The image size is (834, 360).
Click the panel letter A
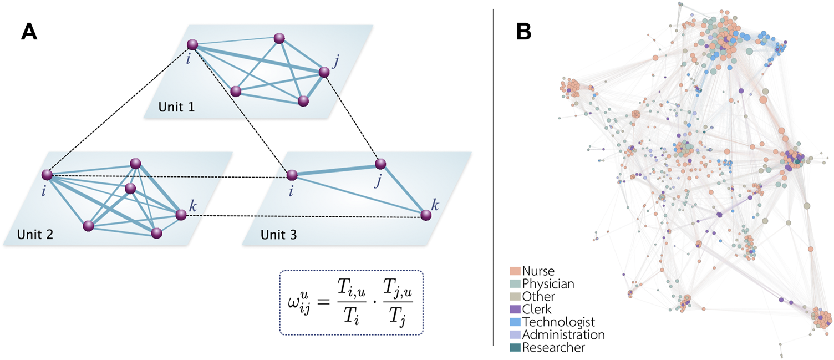click(x=29, y=32)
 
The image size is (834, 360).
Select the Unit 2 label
click(x=35, y=234)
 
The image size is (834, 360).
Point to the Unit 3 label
click(x=278, y=234)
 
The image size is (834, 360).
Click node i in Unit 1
click(x=192, y=44)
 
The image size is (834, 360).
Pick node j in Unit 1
click(x=324, y=72)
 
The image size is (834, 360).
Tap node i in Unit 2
click(x=47, y=175)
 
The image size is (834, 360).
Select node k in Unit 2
click(x=180, y=214)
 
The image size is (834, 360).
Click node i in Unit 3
click(x=292, y=175)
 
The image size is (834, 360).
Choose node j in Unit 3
click(x=380, y=164)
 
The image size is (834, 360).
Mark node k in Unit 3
click(x=425, y=215)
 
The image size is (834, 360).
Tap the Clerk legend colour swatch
click(x=515, y=310)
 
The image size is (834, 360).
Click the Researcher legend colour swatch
click(x=515, y=348)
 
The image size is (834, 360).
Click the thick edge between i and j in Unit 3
click(x=336, y=170)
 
